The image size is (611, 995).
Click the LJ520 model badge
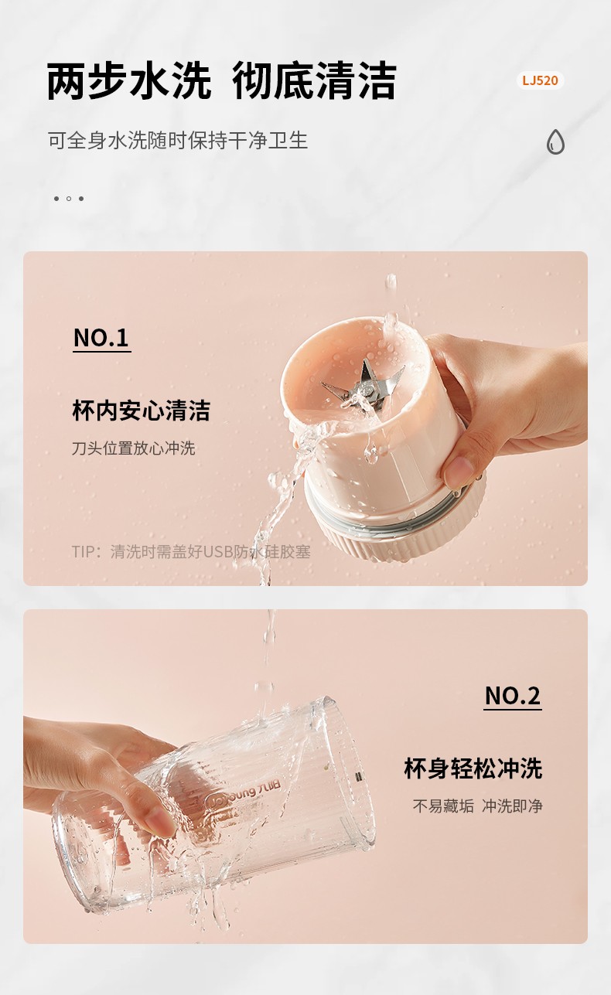(x=540, y=80)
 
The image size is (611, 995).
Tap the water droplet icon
(x=555, y=141)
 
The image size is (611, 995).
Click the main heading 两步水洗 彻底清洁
(x=221, y=81)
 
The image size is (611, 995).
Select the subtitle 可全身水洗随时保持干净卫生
(x=178, y=141)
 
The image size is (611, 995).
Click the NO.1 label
(x=101, y=339)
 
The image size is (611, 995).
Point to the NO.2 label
(x=513, y=696)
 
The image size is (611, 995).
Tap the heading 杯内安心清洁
(x=141, y=410)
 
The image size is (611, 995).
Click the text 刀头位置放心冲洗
(x=134, y=448)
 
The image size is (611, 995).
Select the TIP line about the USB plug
(x=191, y=552)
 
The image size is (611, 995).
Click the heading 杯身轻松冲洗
(x=473, y=768)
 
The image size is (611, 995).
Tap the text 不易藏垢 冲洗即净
(x=478, y=806)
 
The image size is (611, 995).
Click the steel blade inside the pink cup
(x=363, y=386)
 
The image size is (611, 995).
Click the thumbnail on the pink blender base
(x=459, y=471)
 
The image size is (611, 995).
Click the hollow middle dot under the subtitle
(x=68, y=199)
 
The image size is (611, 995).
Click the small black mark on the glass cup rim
(x=359, y=777)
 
